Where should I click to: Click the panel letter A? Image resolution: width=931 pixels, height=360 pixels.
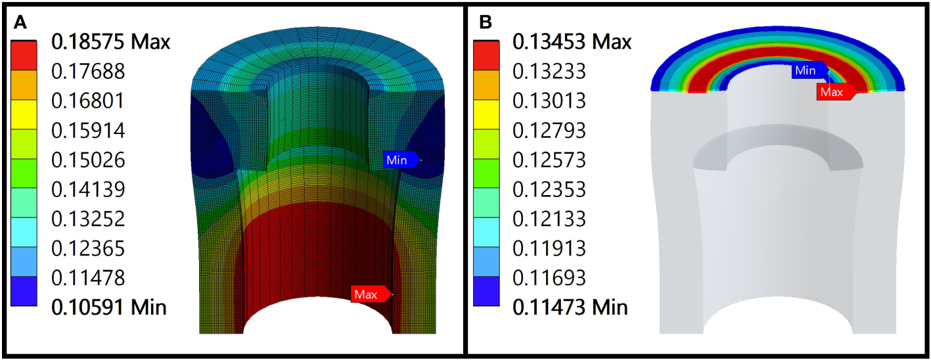click(x=20, y=22)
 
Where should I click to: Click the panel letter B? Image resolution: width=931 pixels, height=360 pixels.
click(x=486, y=22)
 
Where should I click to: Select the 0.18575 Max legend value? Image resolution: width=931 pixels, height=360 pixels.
click(x=110, y=42)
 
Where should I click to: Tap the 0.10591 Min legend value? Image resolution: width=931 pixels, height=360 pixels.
click(x=108, y=307)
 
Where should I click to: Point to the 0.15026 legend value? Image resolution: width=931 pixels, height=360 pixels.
click(x=88, y=160)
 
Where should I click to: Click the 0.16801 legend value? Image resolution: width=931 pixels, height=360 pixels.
click(x=88, y=101)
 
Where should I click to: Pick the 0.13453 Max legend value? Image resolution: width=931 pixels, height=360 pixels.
click(x=572, y=42)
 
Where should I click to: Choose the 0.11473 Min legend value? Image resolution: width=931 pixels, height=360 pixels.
click(x=570, y=307)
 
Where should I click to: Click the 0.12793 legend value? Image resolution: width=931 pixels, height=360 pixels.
click(x=549, y=130)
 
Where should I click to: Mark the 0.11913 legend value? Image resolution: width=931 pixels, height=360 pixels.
click(x=549, y=248)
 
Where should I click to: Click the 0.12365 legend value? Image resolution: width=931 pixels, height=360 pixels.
click(x=88, y=248)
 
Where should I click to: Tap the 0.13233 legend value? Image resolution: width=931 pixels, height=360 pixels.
click(x=549, y=72)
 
